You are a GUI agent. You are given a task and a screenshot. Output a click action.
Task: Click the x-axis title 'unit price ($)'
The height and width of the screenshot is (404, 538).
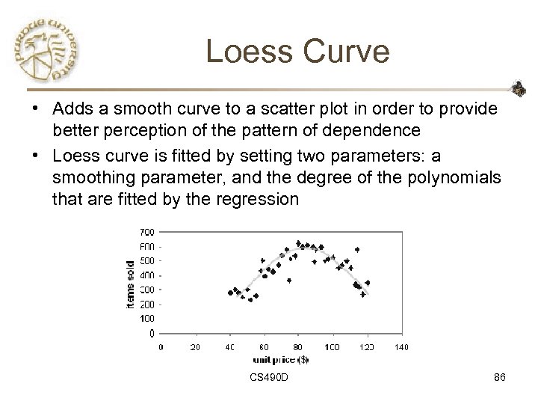coord(281,359)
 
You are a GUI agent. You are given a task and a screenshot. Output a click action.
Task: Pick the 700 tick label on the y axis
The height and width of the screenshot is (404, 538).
coord(148,232)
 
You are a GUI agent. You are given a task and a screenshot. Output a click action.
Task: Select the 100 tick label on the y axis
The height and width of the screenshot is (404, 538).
coord(148,319)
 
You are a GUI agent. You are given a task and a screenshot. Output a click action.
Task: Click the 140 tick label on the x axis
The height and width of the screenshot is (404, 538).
coord(401,347)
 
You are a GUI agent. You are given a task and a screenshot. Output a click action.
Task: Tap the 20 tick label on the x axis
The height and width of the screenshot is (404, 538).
coord(196,347)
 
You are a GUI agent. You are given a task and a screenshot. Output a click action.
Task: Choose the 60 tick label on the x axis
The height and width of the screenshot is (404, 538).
coord(264,347)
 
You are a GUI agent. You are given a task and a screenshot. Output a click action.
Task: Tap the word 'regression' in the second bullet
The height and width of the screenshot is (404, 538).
coord(260,201)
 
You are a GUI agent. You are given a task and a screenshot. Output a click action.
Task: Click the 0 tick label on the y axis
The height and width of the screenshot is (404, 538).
coord(152,333)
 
